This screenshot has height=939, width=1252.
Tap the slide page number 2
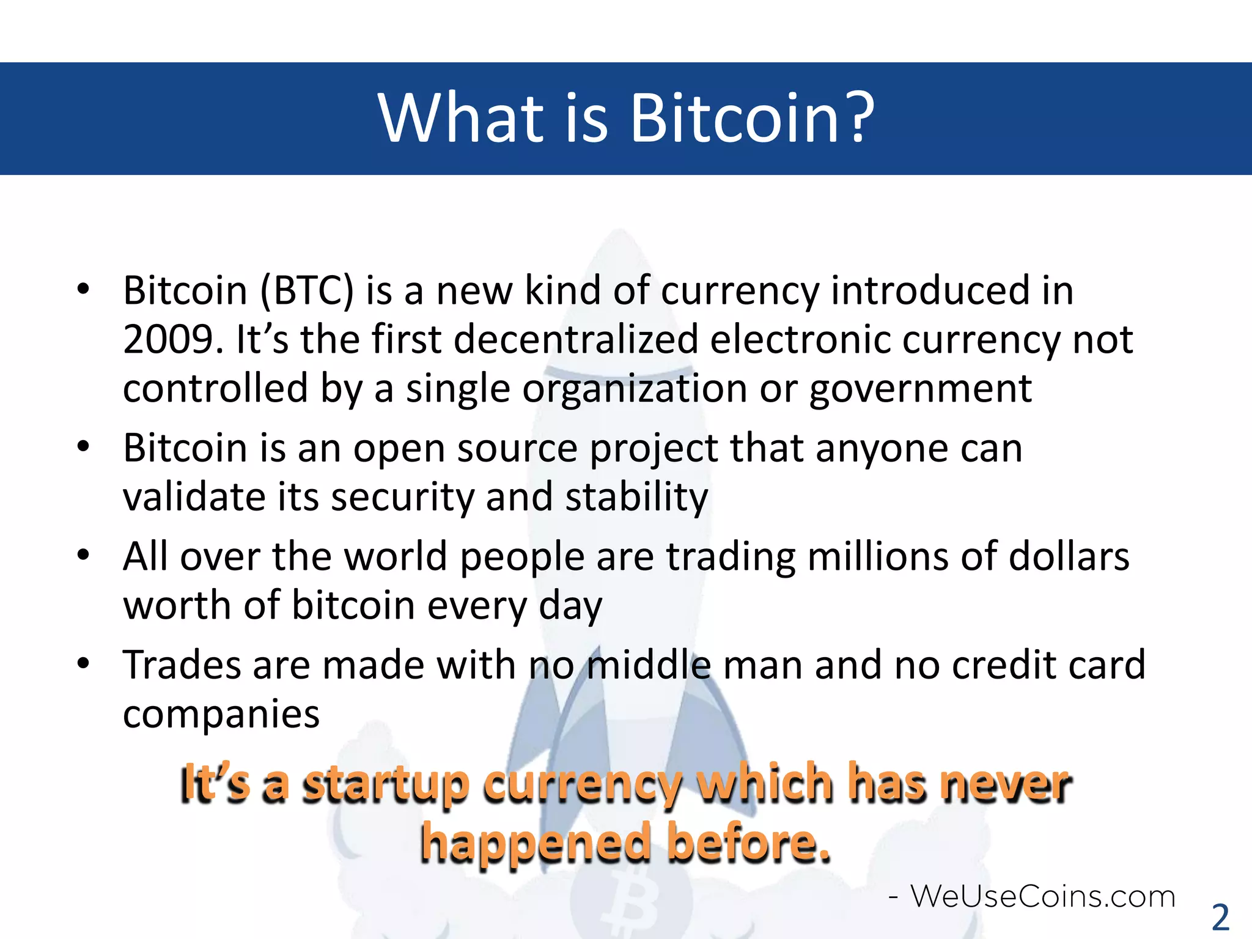pyautogui.click(x=1220, y=917)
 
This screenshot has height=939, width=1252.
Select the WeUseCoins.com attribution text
pyautogui.click(x=1042, y=897)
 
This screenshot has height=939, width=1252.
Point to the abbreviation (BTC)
pyautogui.click(x=307, y=290)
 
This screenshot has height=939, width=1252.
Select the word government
pyautogui.click(x=920, y=389)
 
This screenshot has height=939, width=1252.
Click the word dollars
pyautogui.click(x=1069, y=557)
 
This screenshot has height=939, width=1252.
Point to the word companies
pyautogui.click(x=221, y=714)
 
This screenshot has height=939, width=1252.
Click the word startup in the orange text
pyautogui.click(x=386, y=784)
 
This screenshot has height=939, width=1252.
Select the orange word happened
pyautogui.click(x=537, y=842)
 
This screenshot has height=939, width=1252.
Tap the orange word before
pyautogui.click(x=748, y=842)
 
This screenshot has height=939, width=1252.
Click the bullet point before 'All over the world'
pyautogui.click(x=84, y=555)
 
